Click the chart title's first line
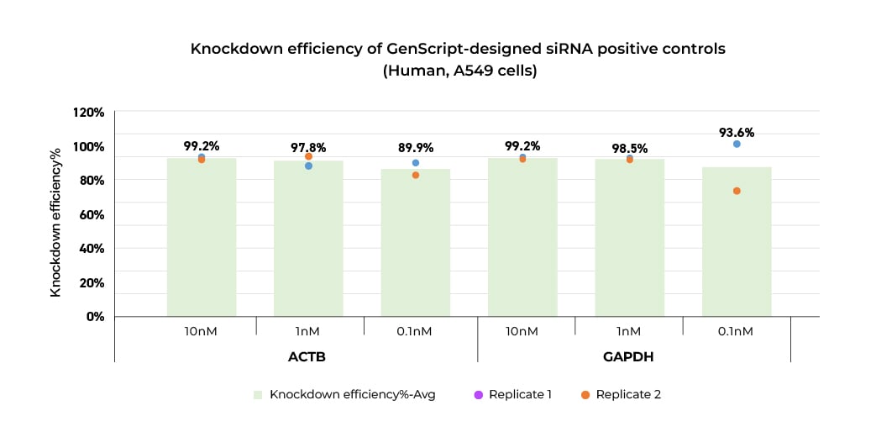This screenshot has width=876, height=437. point(458,49)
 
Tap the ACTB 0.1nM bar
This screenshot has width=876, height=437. point(416,243)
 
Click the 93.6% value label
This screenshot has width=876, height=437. point(737,132)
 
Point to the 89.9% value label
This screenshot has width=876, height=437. point(416,148)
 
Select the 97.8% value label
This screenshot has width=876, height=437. point(308,147)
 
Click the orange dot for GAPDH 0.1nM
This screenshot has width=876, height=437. point(737,191)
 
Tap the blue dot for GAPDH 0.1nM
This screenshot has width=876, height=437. point(737,144)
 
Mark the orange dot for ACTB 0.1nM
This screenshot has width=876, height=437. point(416,175)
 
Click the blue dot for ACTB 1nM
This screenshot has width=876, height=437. point(308,166)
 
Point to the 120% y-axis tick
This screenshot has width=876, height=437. point(87,113)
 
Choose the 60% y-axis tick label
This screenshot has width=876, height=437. point(91,214)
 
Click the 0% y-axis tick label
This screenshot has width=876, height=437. point(94,316)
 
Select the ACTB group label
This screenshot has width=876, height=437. point(307,356)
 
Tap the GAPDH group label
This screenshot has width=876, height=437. point(628,356)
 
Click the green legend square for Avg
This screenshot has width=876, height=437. point(258,394)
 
